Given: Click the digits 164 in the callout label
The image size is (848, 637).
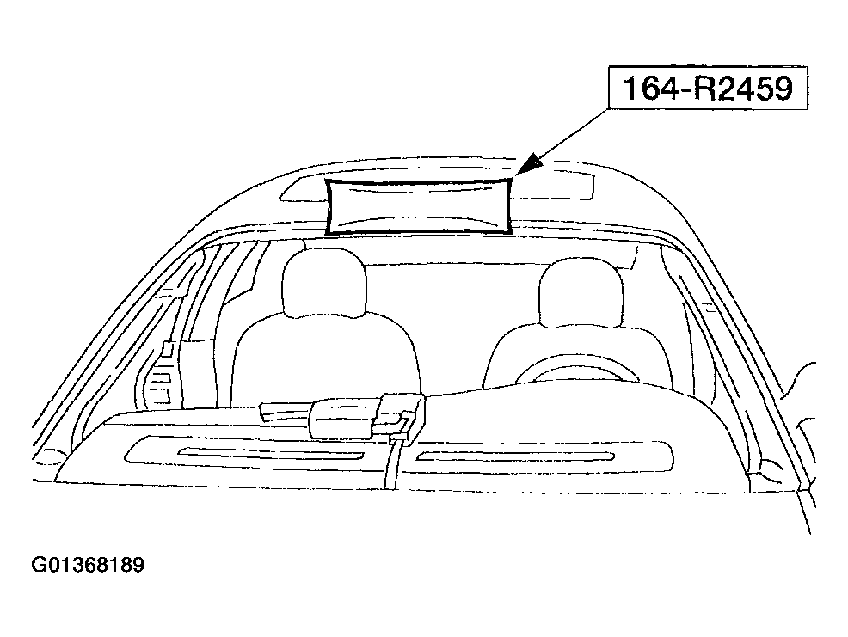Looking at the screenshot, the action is coord(647,89).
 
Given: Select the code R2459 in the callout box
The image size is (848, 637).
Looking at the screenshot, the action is coord(742,89).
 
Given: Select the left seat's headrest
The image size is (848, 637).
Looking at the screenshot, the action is coord(324,282).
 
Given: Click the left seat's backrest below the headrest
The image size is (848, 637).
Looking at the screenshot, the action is coord(324,361).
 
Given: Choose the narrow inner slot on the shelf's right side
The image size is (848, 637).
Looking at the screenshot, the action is coord(515,456).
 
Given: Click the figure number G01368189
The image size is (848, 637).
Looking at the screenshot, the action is coord(88,565).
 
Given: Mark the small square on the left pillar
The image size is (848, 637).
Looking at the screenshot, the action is coord(169,349).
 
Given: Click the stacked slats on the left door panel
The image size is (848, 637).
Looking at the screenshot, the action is coord(161,385).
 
